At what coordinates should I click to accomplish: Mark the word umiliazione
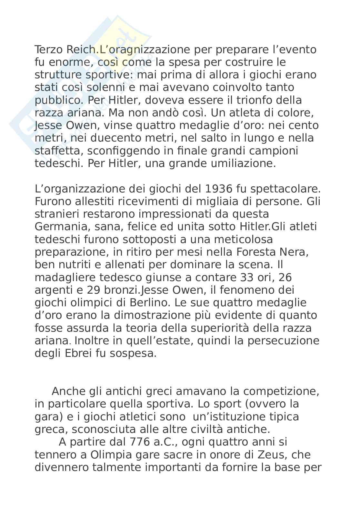coord(244,163)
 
